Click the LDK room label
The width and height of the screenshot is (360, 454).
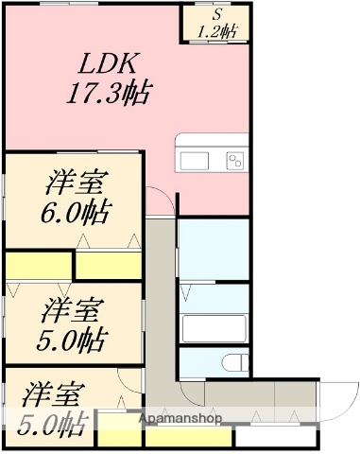coord(110,64)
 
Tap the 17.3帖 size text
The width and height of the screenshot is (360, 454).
coord(110,93)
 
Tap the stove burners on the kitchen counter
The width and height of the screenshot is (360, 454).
coord(235,158)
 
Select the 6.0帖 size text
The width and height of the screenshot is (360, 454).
coord(76,211)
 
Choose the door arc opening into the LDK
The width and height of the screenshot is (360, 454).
coord(161,203)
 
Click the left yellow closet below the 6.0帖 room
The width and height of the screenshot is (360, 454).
coord(38,266)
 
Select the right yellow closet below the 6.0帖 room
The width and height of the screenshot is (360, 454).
coord(109,266)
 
